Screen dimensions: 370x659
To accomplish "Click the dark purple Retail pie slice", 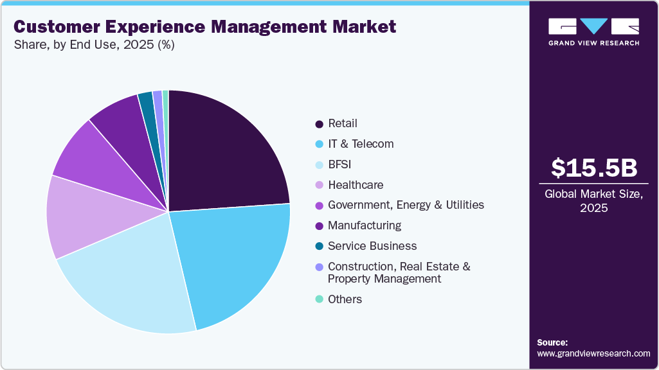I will (x=225, y=154).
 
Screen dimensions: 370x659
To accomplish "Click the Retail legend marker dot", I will (x=319, y=124).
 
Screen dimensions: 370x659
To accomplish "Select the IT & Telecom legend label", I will (x=360, y=144).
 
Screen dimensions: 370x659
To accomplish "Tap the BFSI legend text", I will (x=339, y=164).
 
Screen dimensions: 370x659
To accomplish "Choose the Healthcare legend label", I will (x=355, y=185).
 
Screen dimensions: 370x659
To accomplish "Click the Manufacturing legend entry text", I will (x=364, y=225).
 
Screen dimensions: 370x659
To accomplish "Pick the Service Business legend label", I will (x=372, y=246).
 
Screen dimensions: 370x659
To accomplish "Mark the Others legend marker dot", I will (x=319, y=300).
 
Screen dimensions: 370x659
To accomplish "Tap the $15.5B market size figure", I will (x=594, y=168).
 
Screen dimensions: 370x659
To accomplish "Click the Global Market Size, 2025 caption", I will (x=594, y=201).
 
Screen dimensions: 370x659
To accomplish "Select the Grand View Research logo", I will (x=594, y=31).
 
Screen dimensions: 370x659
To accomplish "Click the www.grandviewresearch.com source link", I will (x=593, y=353).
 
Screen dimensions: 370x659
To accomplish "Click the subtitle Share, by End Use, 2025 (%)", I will (x=93, y=45).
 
